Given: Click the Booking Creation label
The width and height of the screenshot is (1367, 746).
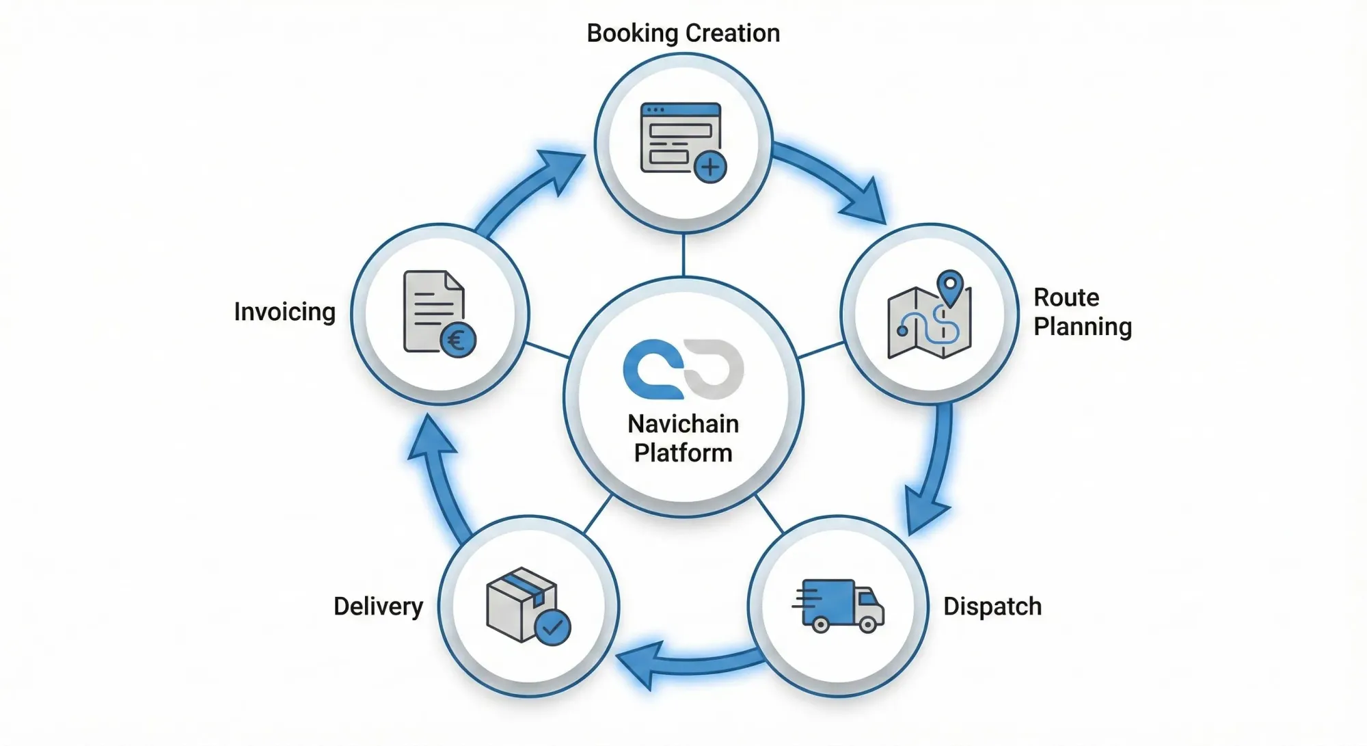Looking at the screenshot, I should pos(683,34).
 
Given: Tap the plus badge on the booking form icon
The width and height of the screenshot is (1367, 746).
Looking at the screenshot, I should pos(710,167).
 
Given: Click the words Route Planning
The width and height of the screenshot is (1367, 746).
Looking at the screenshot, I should pos(1082,312).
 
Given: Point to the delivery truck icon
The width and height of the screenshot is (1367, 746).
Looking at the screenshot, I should pos(839,606).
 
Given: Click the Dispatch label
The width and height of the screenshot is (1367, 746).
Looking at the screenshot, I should pos(992,607).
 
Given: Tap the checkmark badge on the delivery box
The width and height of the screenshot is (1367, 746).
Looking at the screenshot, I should pos(552,626).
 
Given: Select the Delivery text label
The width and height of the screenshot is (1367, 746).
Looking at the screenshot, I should pos(378,607).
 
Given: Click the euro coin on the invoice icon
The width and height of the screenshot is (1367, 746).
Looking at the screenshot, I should pos(457,339).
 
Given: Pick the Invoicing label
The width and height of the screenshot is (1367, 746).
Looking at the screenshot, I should pos(284,312).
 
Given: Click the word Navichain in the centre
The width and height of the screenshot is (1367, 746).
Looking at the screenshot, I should pos(683,424).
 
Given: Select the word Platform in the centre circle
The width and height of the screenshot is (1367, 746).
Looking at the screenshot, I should pos(683,453).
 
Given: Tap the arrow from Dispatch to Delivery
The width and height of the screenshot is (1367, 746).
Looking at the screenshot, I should pos(690,662).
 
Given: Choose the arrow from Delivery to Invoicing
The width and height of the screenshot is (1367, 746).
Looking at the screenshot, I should pos(441,479).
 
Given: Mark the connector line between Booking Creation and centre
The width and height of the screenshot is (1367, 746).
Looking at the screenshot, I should pos(683,254).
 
